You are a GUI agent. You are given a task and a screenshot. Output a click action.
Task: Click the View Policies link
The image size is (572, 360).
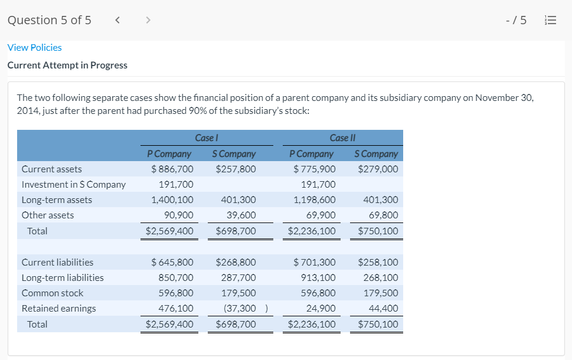(34, 47)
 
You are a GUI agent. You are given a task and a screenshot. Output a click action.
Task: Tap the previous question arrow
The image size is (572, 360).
(117, 20)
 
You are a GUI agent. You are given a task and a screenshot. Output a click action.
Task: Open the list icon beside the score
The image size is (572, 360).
(550, 21)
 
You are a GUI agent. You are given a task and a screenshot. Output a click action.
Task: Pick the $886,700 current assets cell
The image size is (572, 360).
(172, 169)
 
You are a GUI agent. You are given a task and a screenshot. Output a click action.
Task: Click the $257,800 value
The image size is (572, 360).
(236, 169)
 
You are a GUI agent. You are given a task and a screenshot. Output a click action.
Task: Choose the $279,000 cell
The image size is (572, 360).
(378, 169)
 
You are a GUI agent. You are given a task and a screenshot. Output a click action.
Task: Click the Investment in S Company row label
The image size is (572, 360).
(74, 185)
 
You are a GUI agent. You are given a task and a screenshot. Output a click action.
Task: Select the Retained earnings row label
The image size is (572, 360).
(58, 308)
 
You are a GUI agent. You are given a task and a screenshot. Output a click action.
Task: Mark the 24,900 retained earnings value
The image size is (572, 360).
(322, 308)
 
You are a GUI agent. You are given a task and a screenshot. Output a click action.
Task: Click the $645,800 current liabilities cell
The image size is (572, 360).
(172, 262)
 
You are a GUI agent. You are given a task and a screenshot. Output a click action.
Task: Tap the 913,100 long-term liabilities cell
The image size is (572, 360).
(319, 277)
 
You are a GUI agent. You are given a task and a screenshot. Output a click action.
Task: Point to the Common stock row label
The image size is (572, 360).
(53, 293)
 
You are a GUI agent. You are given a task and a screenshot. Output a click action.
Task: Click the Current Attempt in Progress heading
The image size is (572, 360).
(67, 65)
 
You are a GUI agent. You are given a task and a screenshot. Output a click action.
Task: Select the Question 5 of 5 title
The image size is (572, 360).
(50, 20)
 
